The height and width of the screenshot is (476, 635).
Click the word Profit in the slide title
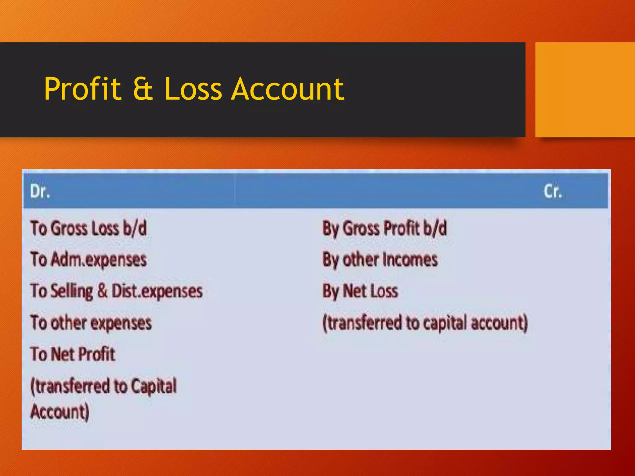[82, 89]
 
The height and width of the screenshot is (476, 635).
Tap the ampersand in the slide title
[143, 89]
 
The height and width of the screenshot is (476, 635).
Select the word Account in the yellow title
[288, 89]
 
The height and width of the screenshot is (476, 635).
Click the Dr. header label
[40, 191]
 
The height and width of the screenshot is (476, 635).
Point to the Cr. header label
[553, 191]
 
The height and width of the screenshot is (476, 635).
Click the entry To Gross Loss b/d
[88, 228]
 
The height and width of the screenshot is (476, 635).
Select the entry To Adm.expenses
[88, 260]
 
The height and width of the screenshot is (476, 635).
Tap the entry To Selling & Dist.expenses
[117, 291]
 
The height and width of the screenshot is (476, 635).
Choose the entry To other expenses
[91, 323]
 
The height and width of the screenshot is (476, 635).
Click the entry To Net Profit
[73, 354]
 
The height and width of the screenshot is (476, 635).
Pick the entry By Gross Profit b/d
[384, 228]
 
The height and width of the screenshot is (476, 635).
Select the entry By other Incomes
[380, 260]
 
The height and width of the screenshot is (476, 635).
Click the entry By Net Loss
[360, 291]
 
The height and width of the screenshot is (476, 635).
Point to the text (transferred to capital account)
[425, 323]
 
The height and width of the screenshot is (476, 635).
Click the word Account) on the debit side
[60, 412]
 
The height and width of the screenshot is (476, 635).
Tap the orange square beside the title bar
[585, 90]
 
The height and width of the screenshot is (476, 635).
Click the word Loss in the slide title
[193, 89]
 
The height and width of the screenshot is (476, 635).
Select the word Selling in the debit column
[72, 291]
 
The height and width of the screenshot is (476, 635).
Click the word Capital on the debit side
[153, 386]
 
